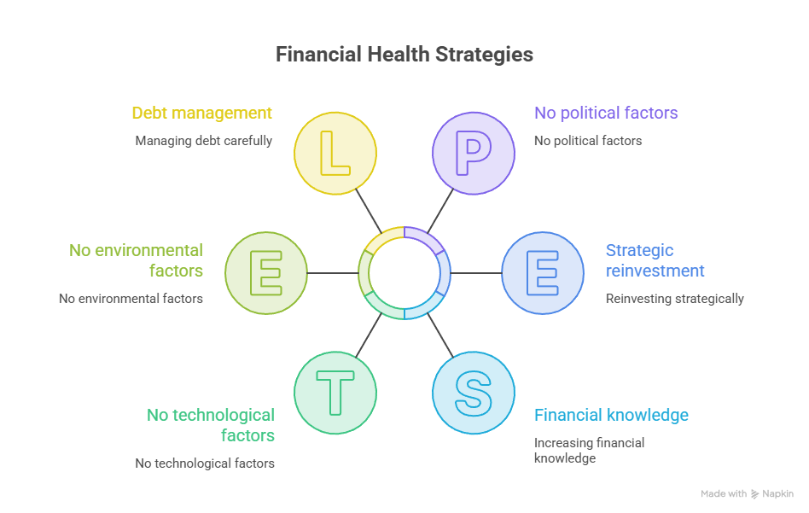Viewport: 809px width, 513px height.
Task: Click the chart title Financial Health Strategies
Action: [404, 54]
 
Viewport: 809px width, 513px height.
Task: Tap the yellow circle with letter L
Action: [335, 154]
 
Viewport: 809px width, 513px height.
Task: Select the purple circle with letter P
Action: [474, 154]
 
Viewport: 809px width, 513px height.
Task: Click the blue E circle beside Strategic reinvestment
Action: [543, 273]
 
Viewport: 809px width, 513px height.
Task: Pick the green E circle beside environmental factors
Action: [266, 273]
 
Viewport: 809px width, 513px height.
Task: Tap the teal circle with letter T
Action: [335, 393]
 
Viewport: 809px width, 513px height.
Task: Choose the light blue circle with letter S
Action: [474, 393]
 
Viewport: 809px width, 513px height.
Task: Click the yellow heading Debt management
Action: [201, 113]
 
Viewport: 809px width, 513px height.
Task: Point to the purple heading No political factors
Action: [606, 113]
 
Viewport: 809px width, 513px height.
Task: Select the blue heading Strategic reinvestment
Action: [655, 260]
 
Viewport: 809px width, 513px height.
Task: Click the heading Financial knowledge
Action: [611, 415]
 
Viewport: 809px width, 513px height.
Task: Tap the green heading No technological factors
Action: [211, 425]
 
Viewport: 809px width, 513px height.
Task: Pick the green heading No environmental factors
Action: [137, 260]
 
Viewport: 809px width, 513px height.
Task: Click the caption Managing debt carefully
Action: [204, 141]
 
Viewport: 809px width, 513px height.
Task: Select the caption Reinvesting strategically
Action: [675, 299]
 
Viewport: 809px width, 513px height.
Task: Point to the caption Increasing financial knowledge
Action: [589, 451]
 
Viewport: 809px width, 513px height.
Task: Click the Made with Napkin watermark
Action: [747, 494]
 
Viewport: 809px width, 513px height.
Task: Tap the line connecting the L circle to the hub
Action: [369, 211]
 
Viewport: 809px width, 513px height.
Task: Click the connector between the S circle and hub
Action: [440, 335]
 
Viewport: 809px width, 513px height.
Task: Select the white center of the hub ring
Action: [404, 273]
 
